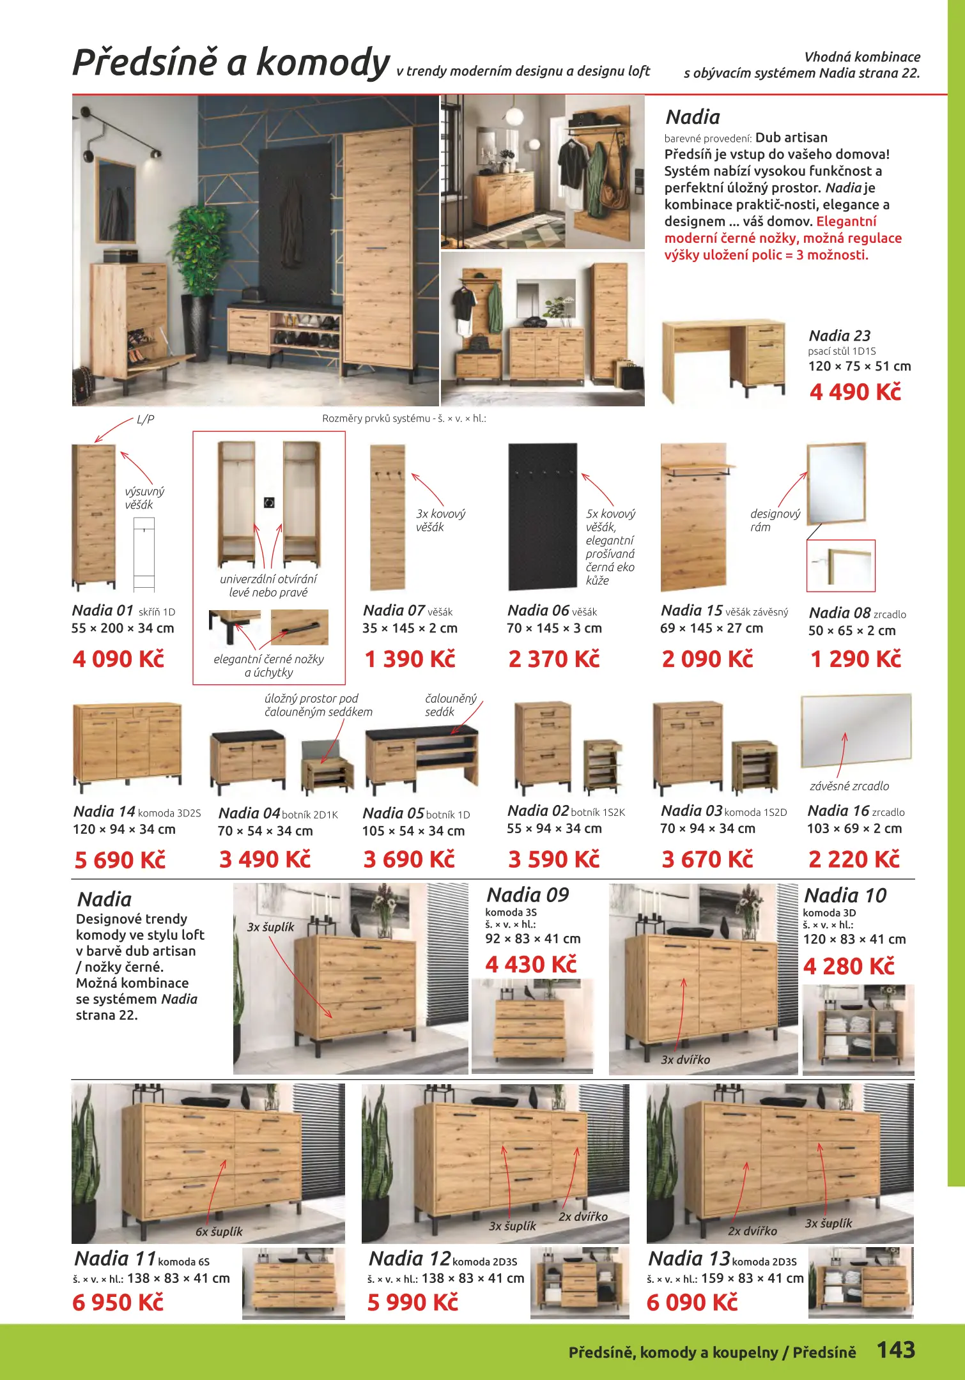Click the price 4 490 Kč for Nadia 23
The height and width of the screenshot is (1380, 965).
click(855, 392)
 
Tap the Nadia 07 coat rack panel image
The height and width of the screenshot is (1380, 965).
click(387, 517)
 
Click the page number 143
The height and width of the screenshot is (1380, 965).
click(895, 1349)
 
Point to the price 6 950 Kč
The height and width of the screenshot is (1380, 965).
click(118, 1302)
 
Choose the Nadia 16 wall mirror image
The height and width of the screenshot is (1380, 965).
click(856, 730)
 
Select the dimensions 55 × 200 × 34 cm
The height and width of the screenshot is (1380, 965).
click(123, 628)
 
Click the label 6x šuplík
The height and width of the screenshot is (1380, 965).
click(219, 1231)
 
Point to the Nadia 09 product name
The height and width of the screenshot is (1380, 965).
click(528, 894)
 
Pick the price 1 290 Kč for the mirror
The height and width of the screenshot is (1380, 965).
click(856, 659)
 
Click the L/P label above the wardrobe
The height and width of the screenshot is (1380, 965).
click(145, 419)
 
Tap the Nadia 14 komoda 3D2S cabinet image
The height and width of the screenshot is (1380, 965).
click(128, 746)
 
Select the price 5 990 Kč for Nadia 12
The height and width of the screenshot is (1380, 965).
click(413, 1302)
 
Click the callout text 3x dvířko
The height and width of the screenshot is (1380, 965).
click(685, 1059)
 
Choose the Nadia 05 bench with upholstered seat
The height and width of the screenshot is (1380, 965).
click(421, 757)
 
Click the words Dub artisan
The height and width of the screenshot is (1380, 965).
click(791, 137)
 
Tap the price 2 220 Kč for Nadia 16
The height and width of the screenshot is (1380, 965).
click(854, 859)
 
